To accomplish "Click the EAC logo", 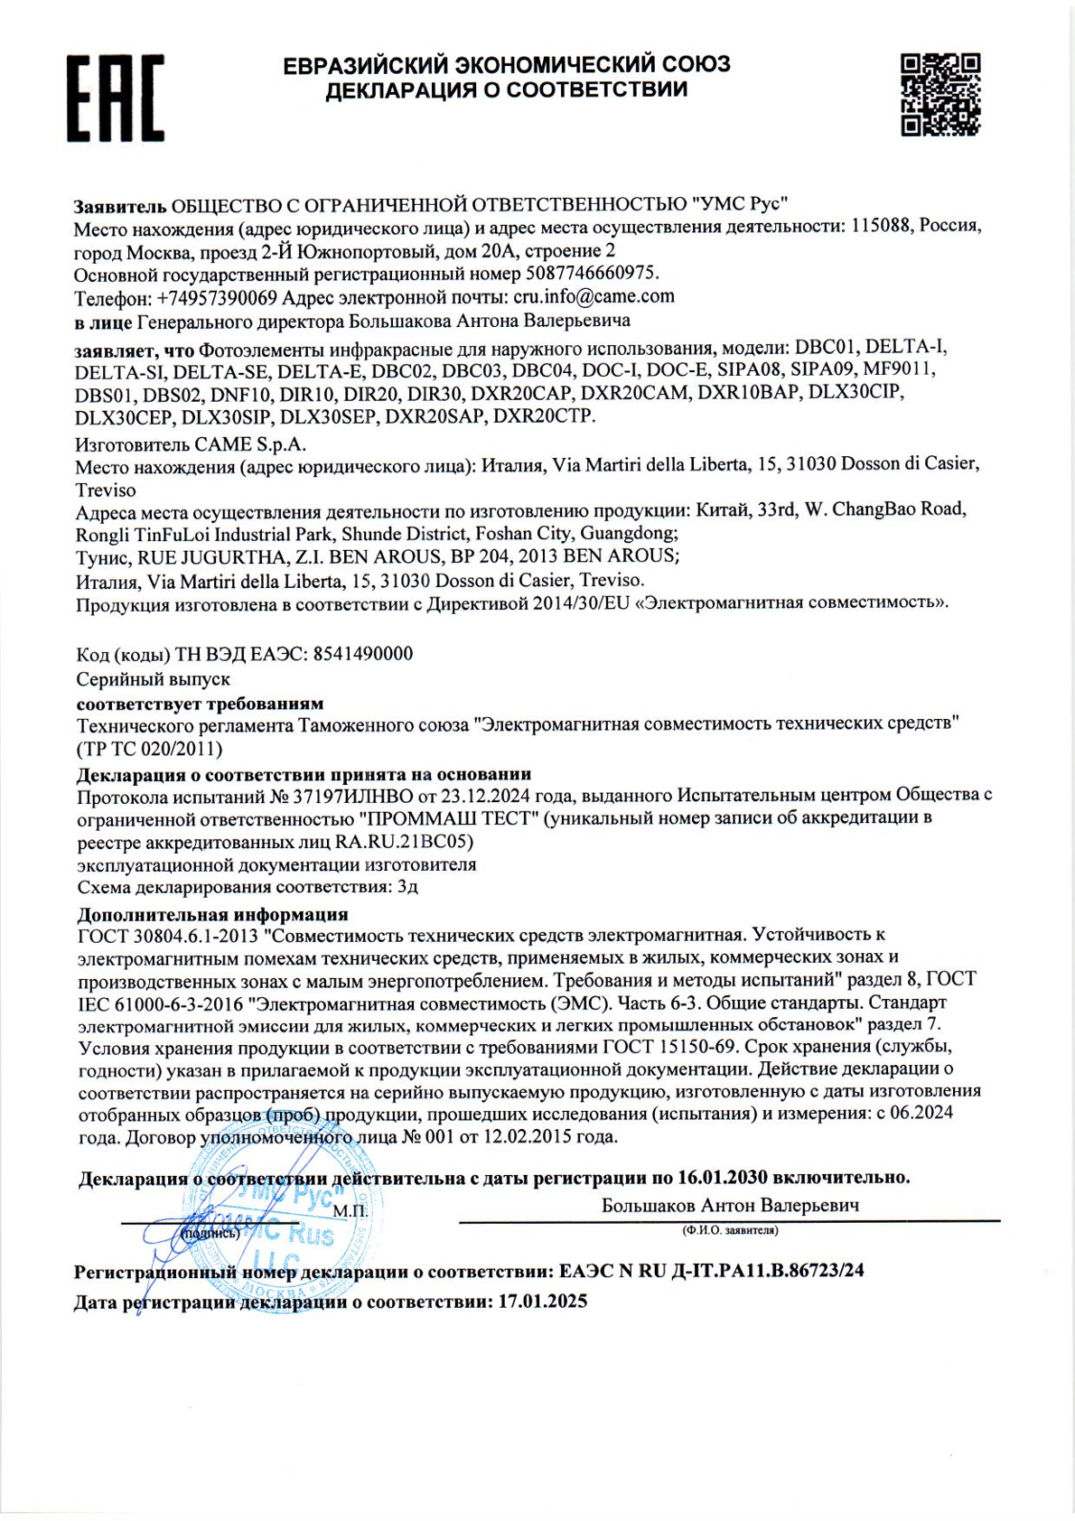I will [x=116, y=98].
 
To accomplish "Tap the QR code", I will [x=940, y=94].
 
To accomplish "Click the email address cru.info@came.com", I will [x=594, y=297].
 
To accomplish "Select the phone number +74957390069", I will [x=217, y=298].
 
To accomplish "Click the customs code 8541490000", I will [x=362, y=654].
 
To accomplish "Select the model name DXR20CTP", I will [x=544, y=415].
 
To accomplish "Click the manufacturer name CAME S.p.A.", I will [x=250, y=444].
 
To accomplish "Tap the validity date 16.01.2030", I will [x=722, y=1178].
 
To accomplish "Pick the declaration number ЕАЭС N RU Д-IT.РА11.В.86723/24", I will [x=711, y=1271].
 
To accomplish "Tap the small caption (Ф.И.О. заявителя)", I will [x=730, y=1230].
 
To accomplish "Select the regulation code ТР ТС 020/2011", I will [x=150, y=749].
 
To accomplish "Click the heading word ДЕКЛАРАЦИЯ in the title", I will [x=403, y=89].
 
